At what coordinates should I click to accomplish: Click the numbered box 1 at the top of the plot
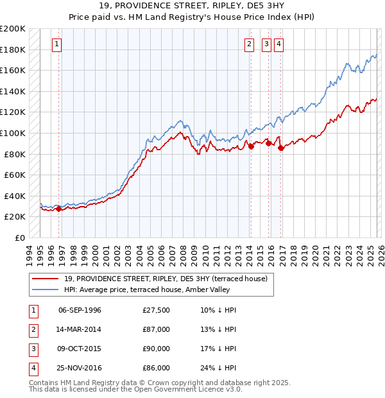click(57, 44)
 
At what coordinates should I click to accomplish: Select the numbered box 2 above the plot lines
click(248, 44)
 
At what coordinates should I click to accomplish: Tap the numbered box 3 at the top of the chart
click(266, 44)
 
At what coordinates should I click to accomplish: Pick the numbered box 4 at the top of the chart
click(279, 44)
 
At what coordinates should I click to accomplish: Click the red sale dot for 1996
click(58, 209)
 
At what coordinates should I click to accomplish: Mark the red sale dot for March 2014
click(251, 146)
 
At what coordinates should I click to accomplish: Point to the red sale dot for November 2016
click(281, 148)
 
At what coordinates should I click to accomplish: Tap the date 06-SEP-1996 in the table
click(80, 310)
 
